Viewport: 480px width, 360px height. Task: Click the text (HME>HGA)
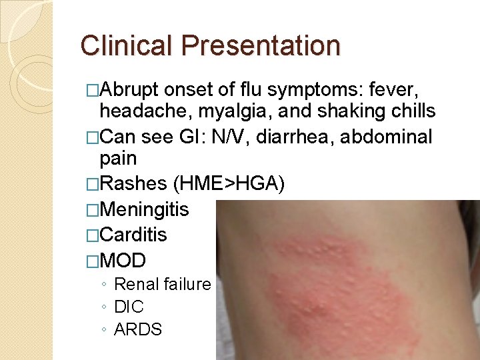point(229,185)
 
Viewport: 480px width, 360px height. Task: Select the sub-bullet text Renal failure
point(162,285)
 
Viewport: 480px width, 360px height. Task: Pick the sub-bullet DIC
point(129,307)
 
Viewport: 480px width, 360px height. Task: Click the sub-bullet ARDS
point(138,330)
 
